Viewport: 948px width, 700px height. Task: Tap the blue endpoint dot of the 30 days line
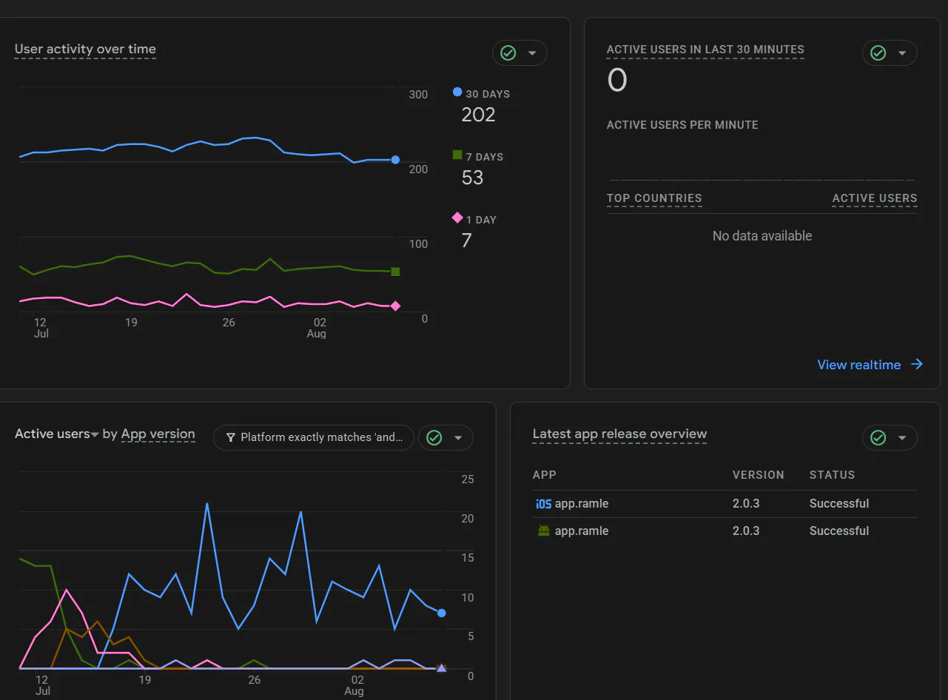[395, 160]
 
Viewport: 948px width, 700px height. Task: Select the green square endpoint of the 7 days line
[395, 272]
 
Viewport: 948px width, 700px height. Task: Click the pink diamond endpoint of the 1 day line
[395, 306]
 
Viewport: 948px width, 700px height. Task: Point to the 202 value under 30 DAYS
[478, 115]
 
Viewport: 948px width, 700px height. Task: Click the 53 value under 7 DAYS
[472, 178]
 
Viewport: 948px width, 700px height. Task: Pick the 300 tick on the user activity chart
[418, 95]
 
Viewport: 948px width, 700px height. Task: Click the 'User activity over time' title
[85, 49]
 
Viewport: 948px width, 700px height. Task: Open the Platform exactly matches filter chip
[313, 437]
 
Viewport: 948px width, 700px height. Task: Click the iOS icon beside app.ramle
[543, 504]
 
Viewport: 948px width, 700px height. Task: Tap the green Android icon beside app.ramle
[544, 531]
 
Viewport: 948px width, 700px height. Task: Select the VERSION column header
[759, 475]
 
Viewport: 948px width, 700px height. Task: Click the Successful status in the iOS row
[839, 503]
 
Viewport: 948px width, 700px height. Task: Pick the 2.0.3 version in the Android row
[746, 531]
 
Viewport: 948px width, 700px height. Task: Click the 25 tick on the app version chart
[468, 479]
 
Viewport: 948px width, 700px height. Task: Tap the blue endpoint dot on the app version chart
[442, 613]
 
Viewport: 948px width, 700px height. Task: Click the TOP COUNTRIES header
[654, 198]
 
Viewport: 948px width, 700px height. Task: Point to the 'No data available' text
[762, 236]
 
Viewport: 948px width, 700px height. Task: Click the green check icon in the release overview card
[878, 437]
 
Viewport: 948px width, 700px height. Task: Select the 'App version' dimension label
[158, 434]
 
